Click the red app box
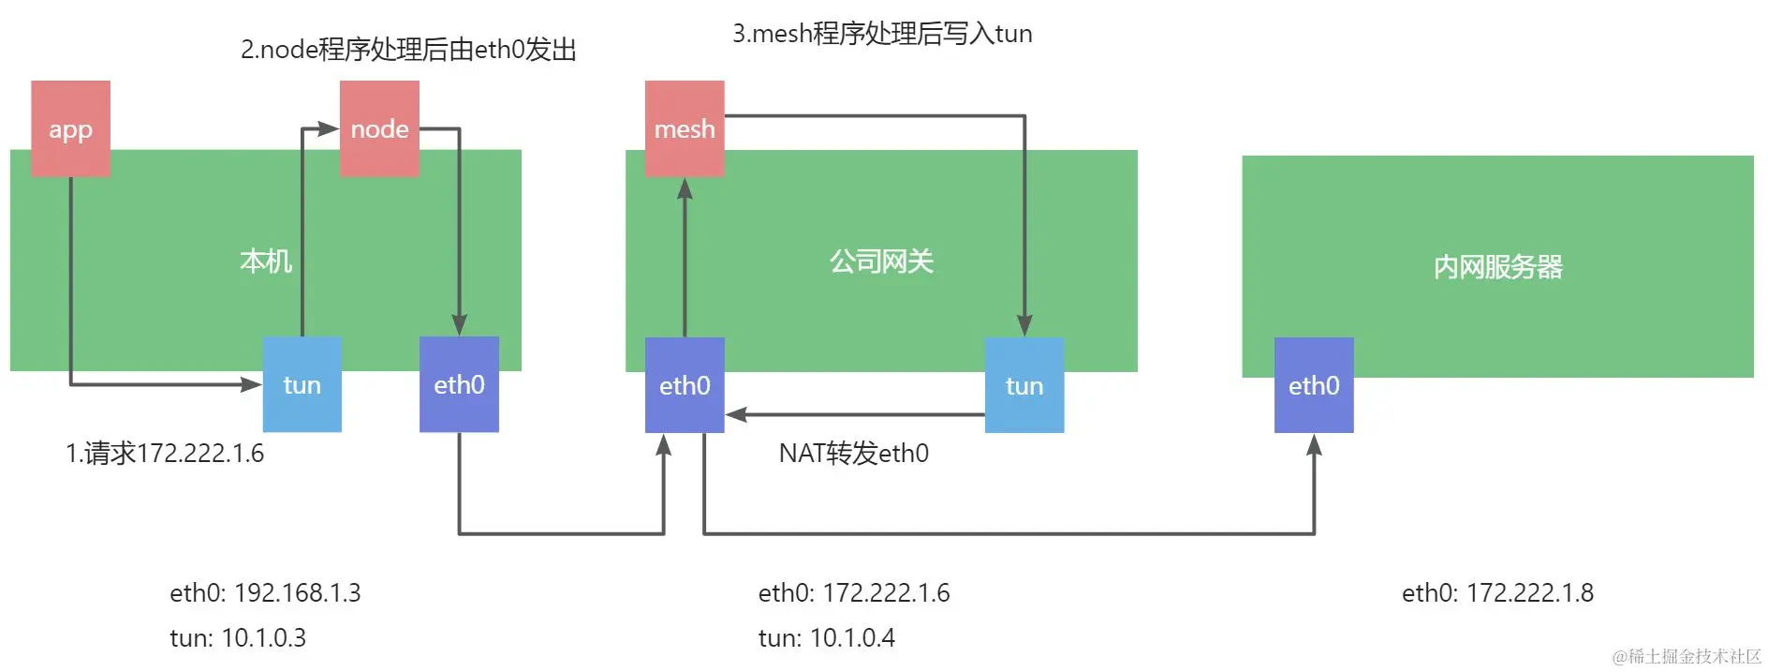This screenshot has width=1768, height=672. pyautogui.click(x=70, y=128)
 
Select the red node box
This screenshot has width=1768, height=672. pyautogui.click(x=379, y=128)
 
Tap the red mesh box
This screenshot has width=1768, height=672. pyautogui.click(x=685, y=128)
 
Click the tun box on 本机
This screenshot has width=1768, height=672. pyautogui.click(x=302, y=384)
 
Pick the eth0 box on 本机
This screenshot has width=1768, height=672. pyautogui.click(x=459, y=384)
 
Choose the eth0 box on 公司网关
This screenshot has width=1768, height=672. pyautogui.click(x=685, y=385)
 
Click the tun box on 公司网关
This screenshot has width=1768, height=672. pyautogui.click(x=1024, y=385)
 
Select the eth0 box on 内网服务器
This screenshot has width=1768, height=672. pyautogui.click(x=1314, y=385)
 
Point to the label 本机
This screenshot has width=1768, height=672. pyautogui.click(x=266, y=261)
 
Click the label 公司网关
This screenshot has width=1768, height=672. pyautogui.click(x=881, y=261)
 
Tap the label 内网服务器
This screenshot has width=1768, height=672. pyautogui.click(x=1497, y=267)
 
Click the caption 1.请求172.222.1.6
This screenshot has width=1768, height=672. pyautogui.click(x=165, y=454)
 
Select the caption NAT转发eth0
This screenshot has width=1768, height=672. pyautogui.click(x=854, y=454)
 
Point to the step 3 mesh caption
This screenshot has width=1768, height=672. pyautogui.click(x=882, y=34)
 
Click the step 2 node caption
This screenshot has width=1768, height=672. pyautogui.click(x=408, y=50)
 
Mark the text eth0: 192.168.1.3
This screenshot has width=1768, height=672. pyautogui.click(x=265, y=592)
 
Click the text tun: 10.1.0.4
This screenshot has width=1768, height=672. pyautogui.click(x=826, y=638)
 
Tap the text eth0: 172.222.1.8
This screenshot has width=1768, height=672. pyautogui.click(x=1497, y=592)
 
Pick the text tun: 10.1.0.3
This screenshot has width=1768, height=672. pyautogui.click(x=238, y=638)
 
